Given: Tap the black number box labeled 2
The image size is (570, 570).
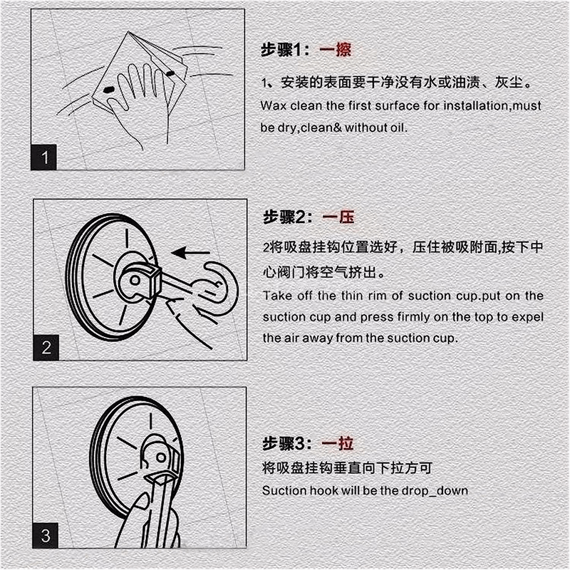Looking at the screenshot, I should tap(46, 348).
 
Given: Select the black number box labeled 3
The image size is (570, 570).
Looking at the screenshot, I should tap(46, 535).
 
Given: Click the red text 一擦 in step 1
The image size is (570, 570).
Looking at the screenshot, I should tap(336, 50).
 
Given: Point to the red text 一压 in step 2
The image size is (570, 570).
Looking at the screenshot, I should tap(338, 217).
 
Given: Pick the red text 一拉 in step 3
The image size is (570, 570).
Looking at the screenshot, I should tap(337, 443).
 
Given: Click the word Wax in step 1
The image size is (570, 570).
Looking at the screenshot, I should tap(272, 106).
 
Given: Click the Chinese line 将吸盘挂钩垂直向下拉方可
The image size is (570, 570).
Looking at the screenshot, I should tap(347, 468).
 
